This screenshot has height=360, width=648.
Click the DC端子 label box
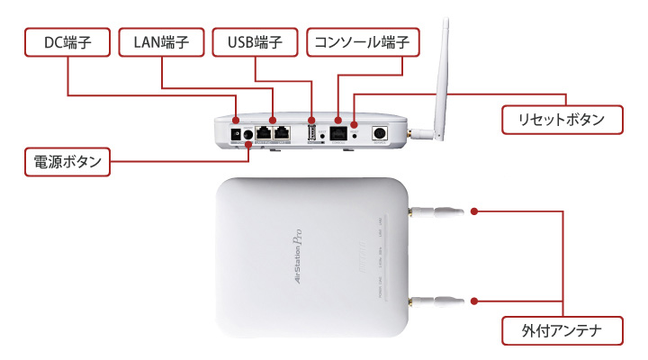click(68, 41)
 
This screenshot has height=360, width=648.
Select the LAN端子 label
click(162, 41)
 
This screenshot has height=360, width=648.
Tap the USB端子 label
click(255, 41)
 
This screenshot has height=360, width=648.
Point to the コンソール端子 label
click(364, 41)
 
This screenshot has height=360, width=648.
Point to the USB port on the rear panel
click(311, 134)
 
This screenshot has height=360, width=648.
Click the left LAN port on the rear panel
click(263, 133)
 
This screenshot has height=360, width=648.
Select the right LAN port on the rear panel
click(281, 133)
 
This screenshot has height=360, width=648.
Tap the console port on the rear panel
click(338, 132)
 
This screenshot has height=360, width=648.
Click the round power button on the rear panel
click(248, 137)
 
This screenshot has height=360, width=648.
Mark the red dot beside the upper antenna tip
click(474, 213)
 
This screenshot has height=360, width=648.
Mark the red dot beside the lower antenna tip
click(474, 299)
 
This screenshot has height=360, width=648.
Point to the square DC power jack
click(235, 136)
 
